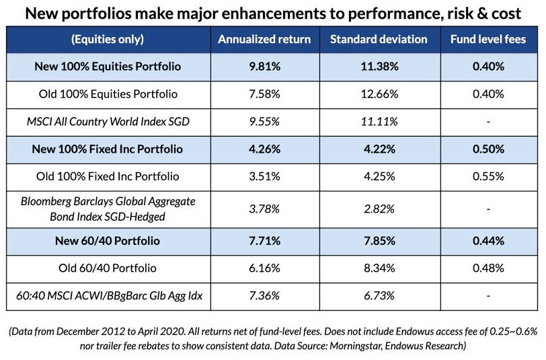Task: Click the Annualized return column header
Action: [264, 39]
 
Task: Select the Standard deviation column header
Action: [379, 39]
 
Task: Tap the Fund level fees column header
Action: [487, 39]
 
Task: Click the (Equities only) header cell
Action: [108, 39]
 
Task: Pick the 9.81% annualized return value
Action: [264, 67]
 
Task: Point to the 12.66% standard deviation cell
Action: [379, 94]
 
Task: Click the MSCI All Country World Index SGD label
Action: [108, 122]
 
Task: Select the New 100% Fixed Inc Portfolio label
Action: [108, 149]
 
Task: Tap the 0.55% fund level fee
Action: [487, 176]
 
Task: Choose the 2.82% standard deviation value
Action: [379, 209]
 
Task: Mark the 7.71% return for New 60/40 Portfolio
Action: [264, 241]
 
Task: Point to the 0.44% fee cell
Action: [487, 241]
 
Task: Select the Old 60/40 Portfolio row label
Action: [108, 268]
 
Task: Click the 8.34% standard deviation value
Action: [379, 268]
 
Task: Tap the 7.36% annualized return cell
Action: [264, 295]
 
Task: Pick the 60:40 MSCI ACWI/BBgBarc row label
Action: [108, 295]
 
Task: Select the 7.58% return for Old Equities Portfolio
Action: [264, 94]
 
